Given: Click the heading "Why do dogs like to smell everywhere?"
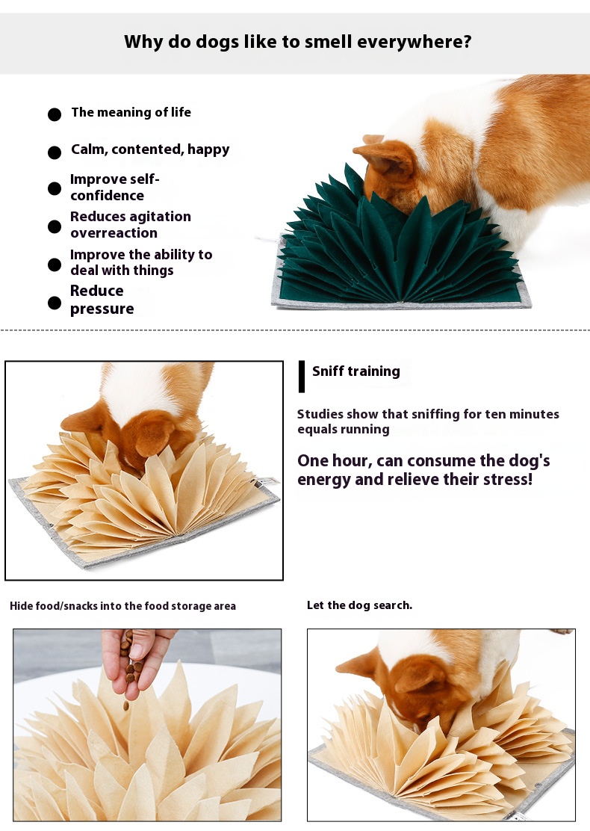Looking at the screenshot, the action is [298, 42].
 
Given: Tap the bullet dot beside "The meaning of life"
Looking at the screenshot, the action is [55, 114].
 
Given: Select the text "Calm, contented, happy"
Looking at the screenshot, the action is [150, 149].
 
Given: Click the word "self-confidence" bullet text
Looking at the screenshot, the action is [114, 187].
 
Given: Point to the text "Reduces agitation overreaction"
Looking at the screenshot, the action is [130, 225].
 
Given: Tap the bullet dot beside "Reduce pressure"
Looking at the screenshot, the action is [55, 303].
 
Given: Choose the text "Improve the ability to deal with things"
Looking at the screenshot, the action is [141, 262].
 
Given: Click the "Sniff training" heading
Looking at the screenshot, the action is [356, 371].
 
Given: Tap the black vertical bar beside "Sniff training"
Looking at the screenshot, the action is [302, 377].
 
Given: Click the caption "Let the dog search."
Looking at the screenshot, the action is [360, 605].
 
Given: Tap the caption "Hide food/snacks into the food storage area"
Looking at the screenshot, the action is [123, 606].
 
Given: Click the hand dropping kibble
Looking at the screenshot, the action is [137, 661].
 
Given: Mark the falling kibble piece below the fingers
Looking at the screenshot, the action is [126, 705].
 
